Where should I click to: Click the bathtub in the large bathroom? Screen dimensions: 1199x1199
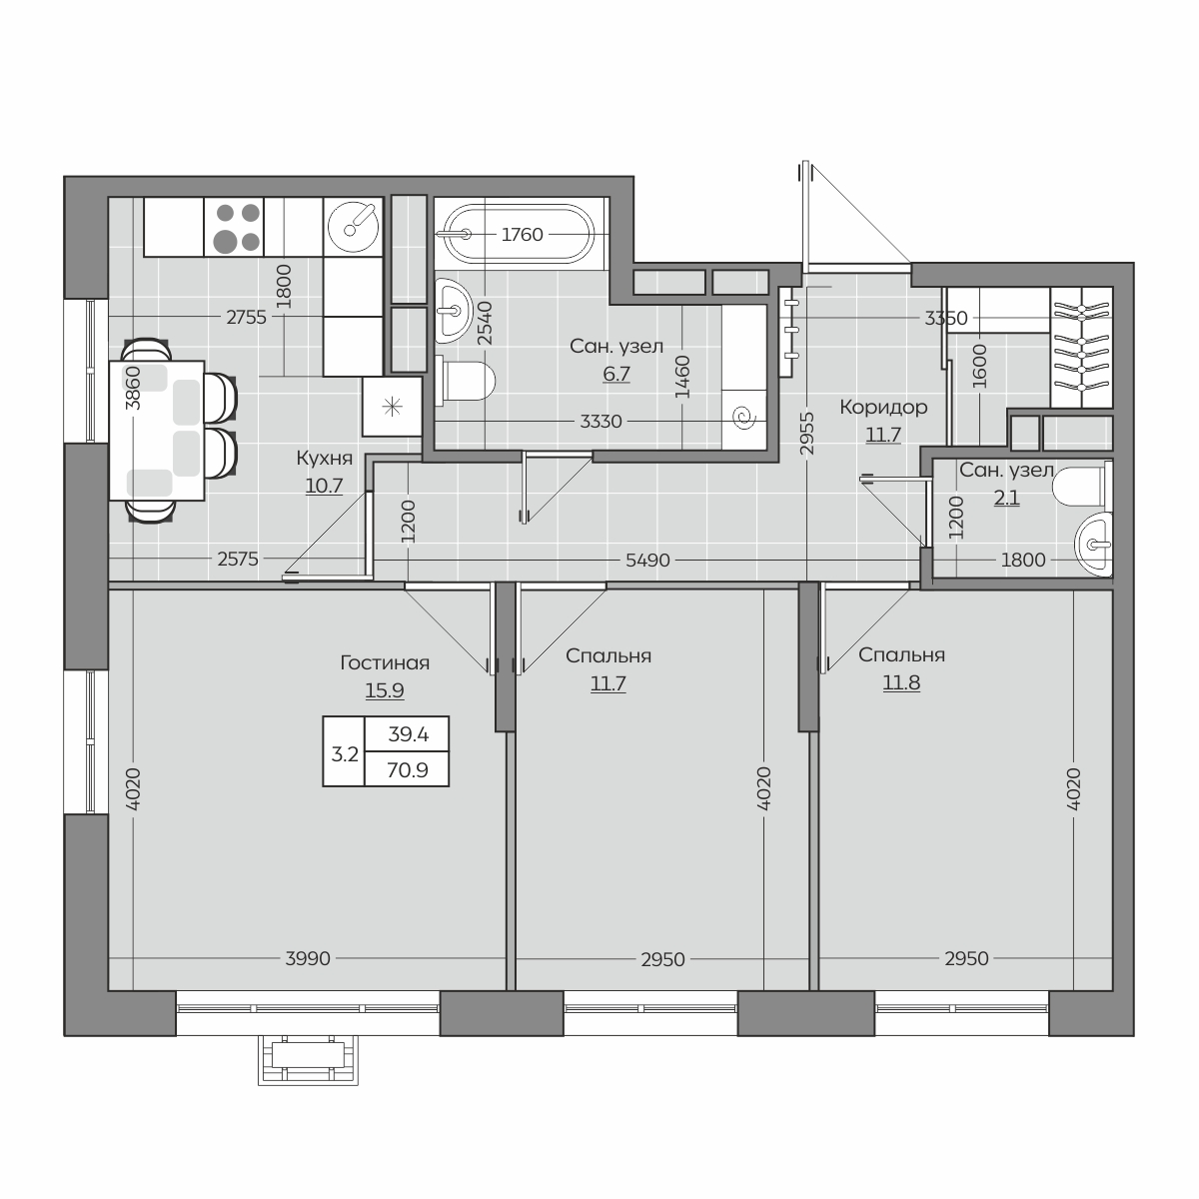pyautogui.click(x=521, y=234)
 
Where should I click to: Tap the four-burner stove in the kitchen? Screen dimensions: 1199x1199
pyautogui.click(x=234, y=227)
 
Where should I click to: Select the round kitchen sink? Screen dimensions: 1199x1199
pyautogui.click(x=353, y=227)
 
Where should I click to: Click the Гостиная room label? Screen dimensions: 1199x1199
pyautogui.click(x=385, y=663)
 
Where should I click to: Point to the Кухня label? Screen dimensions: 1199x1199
pyautogui.click(x=324, y=458)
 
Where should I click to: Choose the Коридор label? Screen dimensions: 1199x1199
pyautogui.click(x=883, y=407)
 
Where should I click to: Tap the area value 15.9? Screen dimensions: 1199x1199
pyautogui.click(x=385, y=690)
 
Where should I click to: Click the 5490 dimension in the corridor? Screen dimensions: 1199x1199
pyautogui.click(x=647, y=560)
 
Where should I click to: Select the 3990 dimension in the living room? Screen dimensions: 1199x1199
pyautogui.click(x=308, y=959)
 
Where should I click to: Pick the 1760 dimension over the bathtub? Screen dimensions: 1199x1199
pyautogui.click(x=522, y=235)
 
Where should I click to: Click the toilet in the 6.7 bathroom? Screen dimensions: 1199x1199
pyautogui.click(x=466, y=380)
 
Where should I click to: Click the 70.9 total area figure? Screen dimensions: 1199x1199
pyautogui.click(x=408, y=770)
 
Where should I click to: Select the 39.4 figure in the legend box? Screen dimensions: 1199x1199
pyautogui.click(x=409, y=734)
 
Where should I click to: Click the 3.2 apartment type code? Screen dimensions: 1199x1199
pyautogui.click(x=345, y=754)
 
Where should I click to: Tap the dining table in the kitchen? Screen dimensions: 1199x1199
pyautogui.click(x=157, y=430)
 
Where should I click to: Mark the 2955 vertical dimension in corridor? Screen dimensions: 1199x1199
pyautogui.click(x=807, y=434)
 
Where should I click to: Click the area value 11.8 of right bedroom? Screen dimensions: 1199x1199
pyautogui.click(x=901, y=682)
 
